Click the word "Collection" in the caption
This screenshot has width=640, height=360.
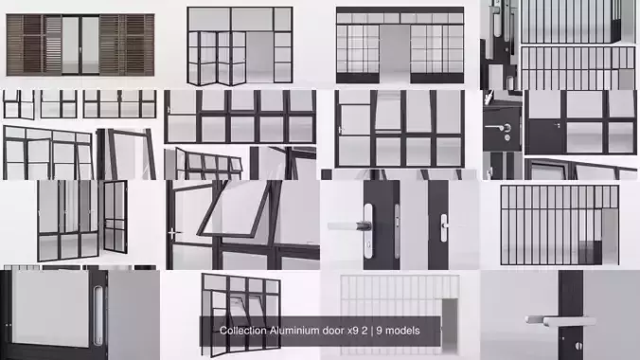(x=244, y=331)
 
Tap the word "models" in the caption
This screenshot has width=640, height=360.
(x=401, y=331)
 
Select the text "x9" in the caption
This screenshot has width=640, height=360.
(x=347, y=331)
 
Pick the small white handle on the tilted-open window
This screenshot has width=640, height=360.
(x=171, y=232)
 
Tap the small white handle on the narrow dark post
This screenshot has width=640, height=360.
(x=443, y=226)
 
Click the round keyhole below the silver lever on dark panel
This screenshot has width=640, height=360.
(x=507, y=138)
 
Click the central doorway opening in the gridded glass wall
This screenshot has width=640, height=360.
(x=395, y=53)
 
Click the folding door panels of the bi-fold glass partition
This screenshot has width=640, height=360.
(x=212, y=57)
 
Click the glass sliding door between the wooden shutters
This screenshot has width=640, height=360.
(x=80, y=44)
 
